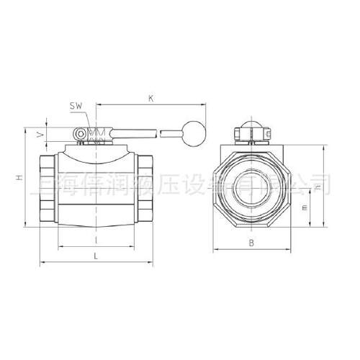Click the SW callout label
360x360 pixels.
tap(77, 106)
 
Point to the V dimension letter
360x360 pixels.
tap(41, 134)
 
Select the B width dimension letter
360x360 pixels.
tap(251, 243)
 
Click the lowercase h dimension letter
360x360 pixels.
tap(318, 187)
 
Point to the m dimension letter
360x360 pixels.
tap(304, 208)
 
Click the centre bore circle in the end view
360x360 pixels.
tap(251, 189)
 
